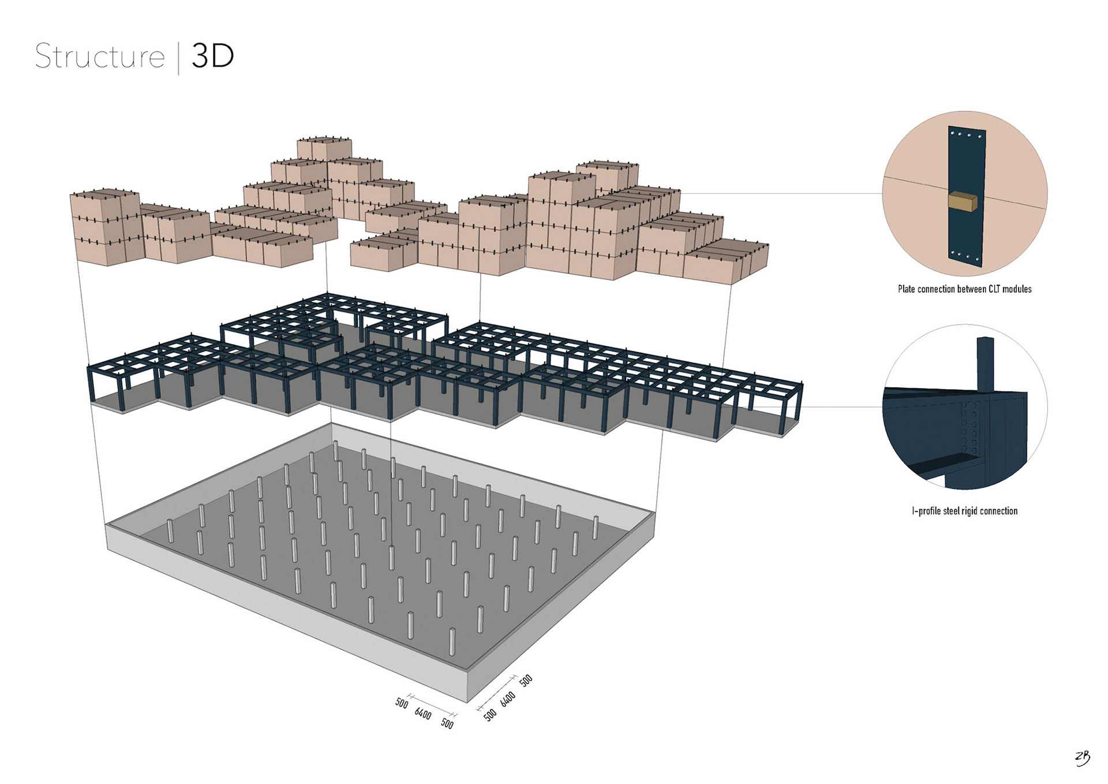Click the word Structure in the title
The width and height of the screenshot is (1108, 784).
tap(100, 57)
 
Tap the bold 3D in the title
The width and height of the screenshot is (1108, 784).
tap(212, 57)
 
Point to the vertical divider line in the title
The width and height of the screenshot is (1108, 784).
tap(178, 58)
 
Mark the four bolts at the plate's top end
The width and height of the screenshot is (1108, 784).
tap(966, 135)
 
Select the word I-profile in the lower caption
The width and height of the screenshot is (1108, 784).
tap(926, 511)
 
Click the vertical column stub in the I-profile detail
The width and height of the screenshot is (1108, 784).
tap(985, 364)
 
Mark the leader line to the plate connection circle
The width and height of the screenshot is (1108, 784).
tap(779, 193)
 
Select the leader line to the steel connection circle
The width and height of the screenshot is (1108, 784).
tap(843, 406)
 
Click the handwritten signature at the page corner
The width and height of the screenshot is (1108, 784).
tap(1082, 757)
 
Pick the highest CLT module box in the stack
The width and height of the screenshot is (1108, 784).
tap(324, 149)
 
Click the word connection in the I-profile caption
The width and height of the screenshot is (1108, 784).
tap(998, 511)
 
